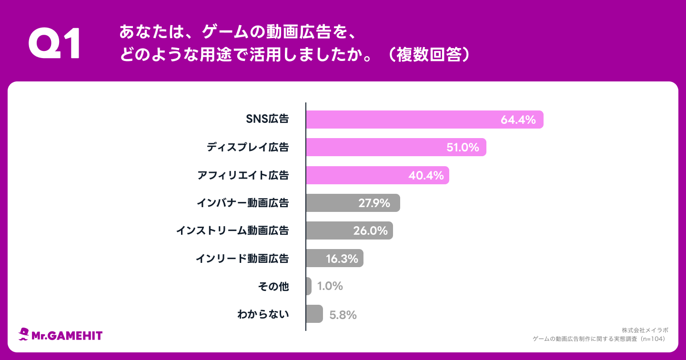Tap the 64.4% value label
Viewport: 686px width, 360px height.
[518, 120]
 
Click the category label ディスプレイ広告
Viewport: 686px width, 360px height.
[248, 147]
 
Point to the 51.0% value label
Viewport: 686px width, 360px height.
[462, 148]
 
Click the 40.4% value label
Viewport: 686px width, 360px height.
[426, 176]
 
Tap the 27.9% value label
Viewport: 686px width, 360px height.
[374, 203]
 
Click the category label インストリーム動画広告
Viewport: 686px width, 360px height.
[232, 230]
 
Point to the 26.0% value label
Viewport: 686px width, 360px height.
[370, 231]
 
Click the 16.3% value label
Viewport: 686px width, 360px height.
[342, 259]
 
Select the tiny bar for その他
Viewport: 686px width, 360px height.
[309, 286]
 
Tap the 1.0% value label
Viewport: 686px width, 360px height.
[330, 286]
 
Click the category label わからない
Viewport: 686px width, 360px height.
[263, 314]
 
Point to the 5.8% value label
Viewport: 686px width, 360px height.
[343, 315]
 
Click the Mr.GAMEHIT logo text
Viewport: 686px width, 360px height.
[67, 336]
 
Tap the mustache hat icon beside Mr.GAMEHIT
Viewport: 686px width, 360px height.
[24, 335]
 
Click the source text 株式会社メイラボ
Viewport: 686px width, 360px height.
[645, 330]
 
